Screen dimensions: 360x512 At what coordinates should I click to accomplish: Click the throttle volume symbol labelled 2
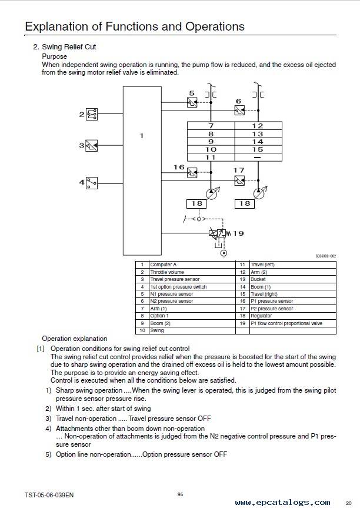point(91,114)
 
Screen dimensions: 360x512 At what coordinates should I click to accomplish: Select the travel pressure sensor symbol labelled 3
point(91,146)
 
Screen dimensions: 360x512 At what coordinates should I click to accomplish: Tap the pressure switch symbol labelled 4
point(91,183)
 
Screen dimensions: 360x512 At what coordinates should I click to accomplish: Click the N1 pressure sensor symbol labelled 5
point(192,102)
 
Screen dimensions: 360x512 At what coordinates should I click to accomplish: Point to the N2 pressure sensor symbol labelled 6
point(239,111)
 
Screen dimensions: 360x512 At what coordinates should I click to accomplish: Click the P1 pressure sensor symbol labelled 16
point(192,172)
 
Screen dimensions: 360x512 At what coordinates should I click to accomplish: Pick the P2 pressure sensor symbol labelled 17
point(239,180)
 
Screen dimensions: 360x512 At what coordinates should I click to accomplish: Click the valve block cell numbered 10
point(211,149)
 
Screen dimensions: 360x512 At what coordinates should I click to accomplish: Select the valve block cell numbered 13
point(258,134)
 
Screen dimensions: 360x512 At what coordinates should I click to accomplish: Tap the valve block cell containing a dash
point(258,158)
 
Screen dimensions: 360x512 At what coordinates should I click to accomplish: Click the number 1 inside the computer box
point(141,136)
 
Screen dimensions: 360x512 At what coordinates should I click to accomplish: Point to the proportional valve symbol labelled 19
point(218,233)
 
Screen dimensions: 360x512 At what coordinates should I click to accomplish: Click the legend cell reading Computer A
point(192,265)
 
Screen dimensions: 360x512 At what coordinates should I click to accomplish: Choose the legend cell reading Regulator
point(293,316)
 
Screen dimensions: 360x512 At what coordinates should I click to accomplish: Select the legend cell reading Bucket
point(293,279)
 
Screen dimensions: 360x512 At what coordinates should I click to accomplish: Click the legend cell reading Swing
point(192,330)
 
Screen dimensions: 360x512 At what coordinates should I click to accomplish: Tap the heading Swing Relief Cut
point(69,47)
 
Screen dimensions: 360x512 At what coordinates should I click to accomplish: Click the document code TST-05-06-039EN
point(49,495)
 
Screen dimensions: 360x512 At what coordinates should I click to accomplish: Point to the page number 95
point(181,494)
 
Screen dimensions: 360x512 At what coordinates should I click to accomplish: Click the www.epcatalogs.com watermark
point(282,502)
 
